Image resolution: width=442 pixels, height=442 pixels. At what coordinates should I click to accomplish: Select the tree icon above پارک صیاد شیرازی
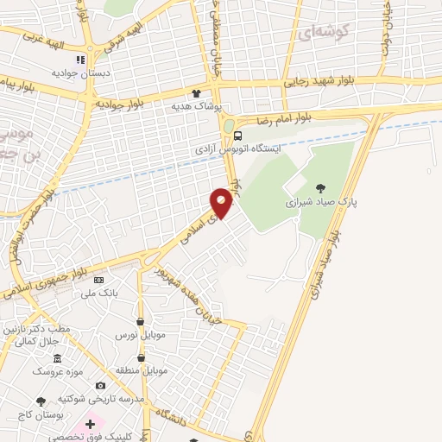click(321, 187)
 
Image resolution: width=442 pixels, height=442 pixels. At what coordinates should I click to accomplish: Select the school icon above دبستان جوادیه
click(79, 60)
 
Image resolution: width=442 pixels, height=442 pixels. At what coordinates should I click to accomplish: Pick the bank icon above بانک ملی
click(98, 281)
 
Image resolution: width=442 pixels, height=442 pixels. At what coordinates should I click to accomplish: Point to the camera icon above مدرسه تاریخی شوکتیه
click(100, 385)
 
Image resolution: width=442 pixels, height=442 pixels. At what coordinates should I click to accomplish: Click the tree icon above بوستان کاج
click(41, 401)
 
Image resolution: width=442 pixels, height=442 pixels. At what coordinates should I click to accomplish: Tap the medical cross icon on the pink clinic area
click(90, 425)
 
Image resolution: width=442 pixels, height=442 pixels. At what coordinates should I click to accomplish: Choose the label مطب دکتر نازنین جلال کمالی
click(44, 335)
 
